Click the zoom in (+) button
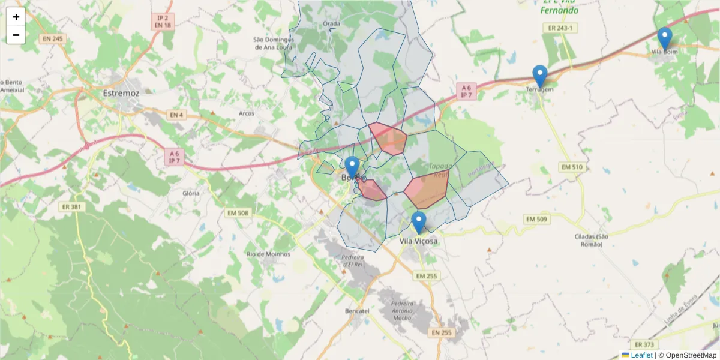(16, 17)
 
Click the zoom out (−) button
(16, 35)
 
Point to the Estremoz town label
(121, 94)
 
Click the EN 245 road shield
(53, 38)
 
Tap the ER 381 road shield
(72, 206)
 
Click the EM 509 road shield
(536, 219)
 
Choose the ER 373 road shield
(644, 344)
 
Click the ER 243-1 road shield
(560, 28)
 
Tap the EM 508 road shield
(238, 212)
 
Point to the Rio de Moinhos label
(268, 254)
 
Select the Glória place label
(191, 193)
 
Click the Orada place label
(332, 24)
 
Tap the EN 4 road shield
(176, 115)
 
